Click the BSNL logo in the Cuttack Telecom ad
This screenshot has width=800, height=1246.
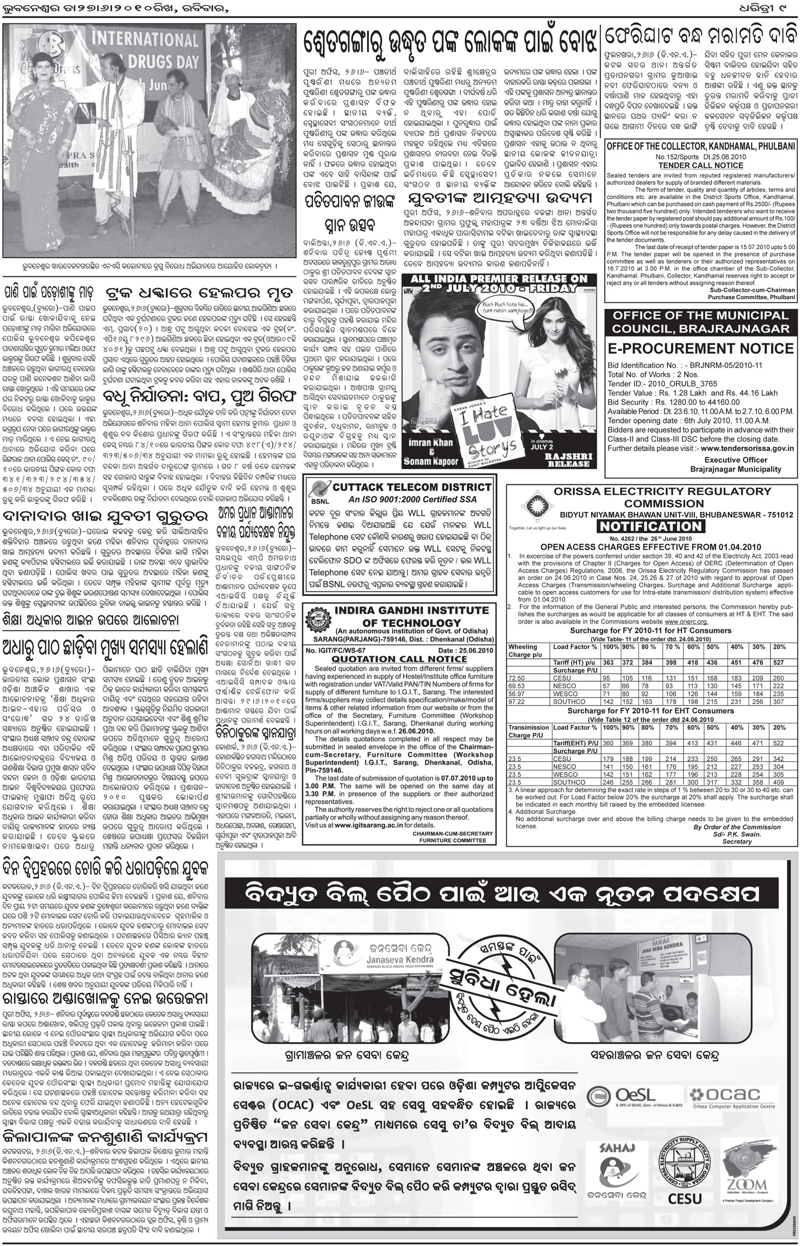[x=317, y=494]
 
